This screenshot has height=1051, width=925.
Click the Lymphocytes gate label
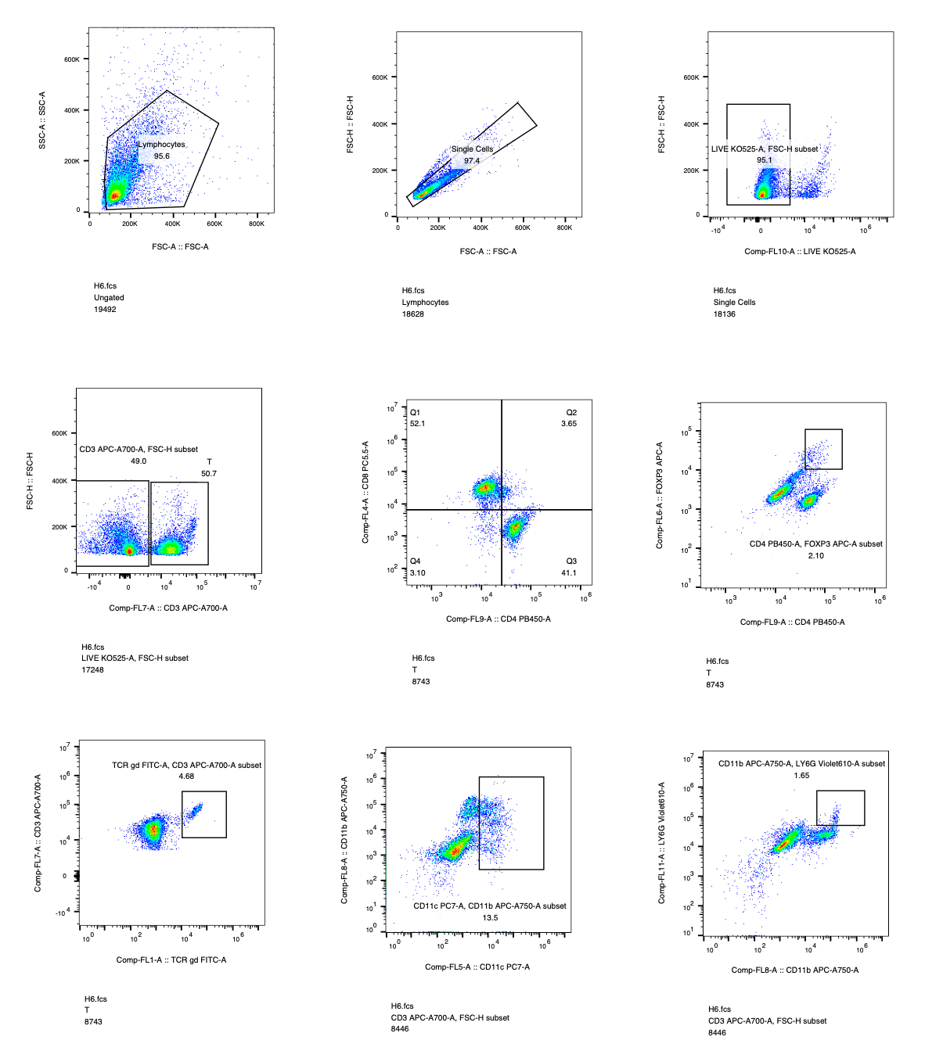(162, 145)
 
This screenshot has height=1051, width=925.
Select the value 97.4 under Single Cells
(471, 161)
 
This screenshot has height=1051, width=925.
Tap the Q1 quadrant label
(415, 413)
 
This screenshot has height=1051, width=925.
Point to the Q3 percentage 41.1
(569, 572)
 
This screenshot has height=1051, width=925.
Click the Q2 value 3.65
(569, 424)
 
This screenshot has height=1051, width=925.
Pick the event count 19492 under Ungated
(105, 310)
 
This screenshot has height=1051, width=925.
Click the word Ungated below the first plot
(109, 298)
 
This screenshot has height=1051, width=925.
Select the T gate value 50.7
(209, 474)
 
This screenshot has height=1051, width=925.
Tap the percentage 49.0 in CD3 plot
(139, 461)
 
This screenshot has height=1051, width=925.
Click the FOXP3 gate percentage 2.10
(816, 556)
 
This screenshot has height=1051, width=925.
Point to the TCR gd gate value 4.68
(186, 777)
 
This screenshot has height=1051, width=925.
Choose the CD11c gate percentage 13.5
(490, 918)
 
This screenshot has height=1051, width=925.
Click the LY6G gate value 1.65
(801, 776)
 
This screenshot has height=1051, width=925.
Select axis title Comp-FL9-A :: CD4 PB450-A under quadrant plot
(498, 619)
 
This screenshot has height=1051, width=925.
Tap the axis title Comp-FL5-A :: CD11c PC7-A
(477, 967)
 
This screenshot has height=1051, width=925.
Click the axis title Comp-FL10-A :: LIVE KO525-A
(800, 252)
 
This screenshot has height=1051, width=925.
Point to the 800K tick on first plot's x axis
(256, 224)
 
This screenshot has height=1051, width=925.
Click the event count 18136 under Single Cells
(725, 314)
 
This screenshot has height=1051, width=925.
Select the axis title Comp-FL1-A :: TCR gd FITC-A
(171, 960)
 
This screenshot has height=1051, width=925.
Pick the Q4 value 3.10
(417, 573)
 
